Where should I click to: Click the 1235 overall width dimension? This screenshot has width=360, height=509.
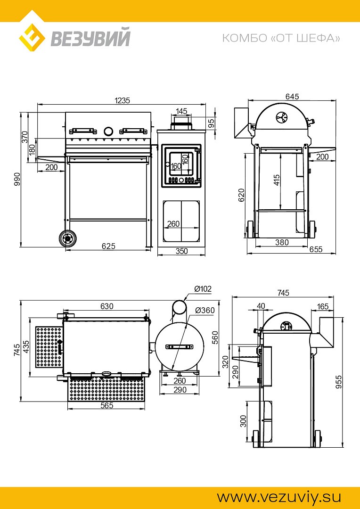tap(122, 100)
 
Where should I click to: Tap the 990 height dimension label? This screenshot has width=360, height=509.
tap(16, 179)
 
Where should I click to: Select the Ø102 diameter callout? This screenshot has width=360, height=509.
tap(203, 288)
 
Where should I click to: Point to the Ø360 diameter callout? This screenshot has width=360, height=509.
tap(205, 310)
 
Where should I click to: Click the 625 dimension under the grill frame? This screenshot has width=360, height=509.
tap(108, 246)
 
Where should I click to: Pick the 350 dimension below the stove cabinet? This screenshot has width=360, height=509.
tap(181, 251)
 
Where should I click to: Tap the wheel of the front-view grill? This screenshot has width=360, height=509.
tap(68, 238)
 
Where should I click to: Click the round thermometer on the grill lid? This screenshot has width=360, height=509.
tap(108, 131)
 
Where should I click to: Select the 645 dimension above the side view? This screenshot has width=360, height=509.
tap(292, 97)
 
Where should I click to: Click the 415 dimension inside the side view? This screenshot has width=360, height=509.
tap(277, 180)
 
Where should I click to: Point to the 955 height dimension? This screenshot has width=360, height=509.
tap(339, 382)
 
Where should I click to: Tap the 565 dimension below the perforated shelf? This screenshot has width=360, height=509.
tap(107, 405)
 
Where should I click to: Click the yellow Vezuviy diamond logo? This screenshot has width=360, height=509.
tap(32, 38)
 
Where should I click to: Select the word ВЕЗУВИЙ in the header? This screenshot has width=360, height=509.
tap(90, 38)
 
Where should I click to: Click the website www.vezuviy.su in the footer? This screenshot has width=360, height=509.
tap(279, 497)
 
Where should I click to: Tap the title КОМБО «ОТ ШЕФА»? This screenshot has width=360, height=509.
tap(281, 38)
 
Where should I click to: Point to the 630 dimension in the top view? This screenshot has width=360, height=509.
tap(107, 306)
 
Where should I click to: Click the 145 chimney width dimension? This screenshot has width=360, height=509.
tap(181, 111)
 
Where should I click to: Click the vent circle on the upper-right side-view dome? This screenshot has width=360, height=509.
tap(281, 117)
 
